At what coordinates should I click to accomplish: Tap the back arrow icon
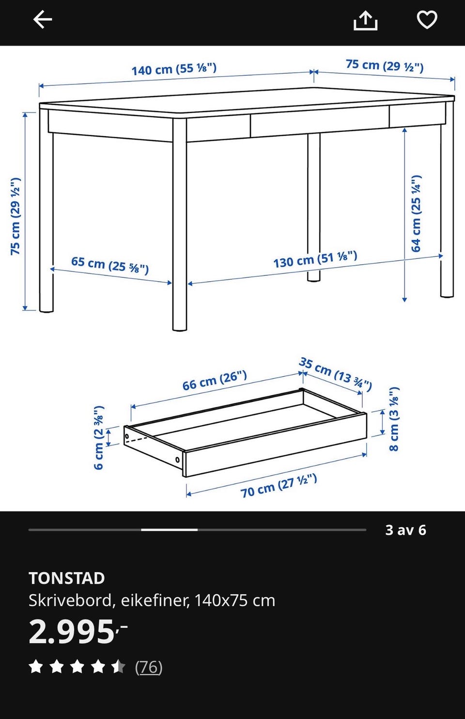(x=43, y=19)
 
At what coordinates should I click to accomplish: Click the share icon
(x=365, y=20)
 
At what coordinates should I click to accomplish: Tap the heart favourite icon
(x=427, y=19)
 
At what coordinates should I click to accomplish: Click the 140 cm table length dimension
(x=174, y=69)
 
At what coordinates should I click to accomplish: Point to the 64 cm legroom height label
(x=416, y=213)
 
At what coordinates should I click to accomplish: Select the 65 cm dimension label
(x=110, y=265)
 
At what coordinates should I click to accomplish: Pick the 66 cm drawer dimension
(x=215, y=380)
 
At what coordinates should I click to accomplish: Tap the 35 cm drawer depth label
(x=336, y=374)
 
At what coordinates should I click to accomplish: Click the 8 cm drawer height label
(x=394, y=419)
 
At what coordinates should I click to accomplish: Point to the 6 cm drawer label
(x=99, y=437)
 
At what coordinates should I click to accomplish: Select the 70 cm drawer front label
(x=279, y=486)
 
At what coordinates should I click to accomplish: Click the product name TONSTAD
(x=67, y=578)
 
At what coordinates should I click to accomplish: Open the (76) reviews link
(x=149, y=667)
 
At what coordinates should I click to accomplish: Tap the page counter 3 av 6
(x=406, y=530)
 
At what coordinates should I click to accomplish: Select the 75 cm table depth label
(x=385, y=65)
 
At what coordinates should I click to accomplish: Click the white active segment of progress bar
(x=170, y=529)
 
